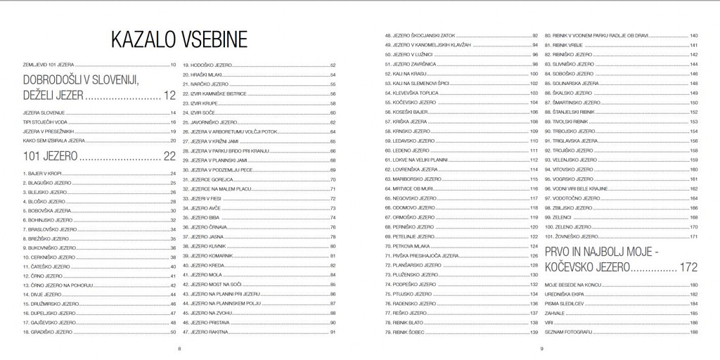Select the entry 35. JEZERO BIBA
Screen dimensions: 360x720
point(205,218)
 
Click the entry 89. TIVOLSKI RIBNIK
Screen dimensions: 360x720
point(569,122)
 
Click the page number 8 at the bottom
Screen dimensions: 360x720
point(180,349)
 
